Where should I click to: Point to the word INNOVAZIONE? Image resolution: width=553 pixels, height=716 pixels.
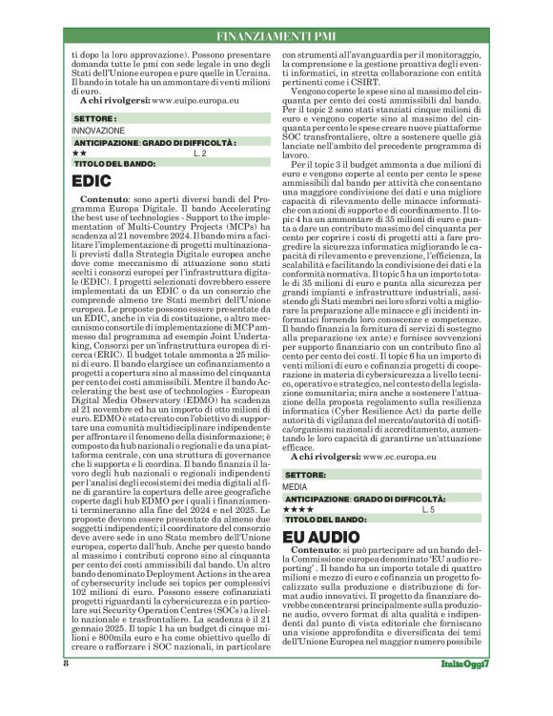(98, 129)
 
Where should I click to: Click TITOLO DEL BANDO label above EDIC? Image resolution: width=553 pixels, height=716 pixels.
(113, 163)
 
